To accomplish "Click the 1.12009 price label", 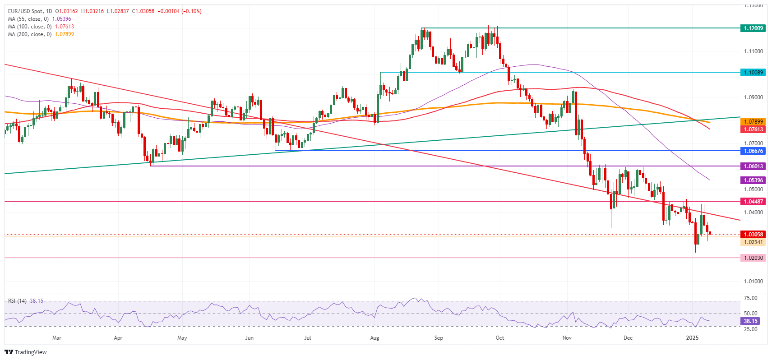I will (753, 28).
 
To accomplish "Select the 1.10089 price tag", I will (753, 73).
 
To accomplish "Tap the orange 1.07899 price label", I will (753, 122).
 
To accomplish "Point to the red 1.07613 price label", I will (753, 129).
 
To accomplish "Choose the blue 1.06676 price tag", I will (753, 151).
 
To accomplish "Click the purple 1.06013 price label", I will (753, 166).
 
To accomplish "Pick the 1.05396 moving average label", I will (753, 180).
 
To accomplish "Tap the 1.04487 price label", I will (753, 202).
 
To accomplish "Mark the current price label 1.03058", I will (753, 235).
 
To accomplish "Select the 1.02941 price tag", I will (753, 242).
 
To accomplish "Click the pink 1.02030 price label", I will (753, 258).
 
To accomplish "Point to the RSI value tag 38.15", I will (750, 321).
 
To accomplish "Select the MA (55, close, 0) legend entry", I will (28, 19).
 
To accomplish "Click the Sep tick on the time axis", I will (439, 338).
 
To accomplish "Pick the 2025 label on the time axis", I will (692, 338).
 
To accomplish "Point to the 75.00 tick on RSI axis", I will (750, 298).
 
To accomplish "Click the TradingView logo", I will (26, 352).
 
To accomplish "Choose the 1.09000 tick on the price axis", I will (754, 97).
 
